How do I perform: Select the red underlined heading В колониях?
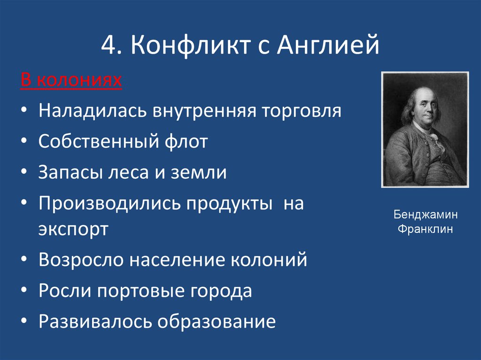pos(71,81)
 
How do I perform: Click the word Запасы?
pos(70,172)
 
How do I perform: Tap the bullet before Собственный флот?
pos(23,142)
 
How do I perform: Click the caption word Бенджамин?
pos(425,215)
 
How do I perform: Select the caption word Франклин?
pos(425,229)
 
